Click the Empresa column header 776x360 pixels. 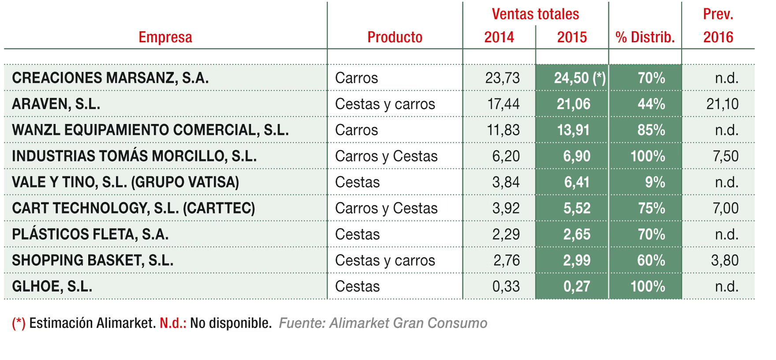tap(165, 37)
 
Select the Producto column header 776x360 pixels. tap(395, 37)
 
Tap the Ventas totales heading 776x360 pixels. tap(535, 14)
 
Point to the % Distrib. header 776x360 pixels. tap(645, 37)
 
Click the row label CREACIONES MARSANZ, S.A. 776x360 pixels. tap(110, 78)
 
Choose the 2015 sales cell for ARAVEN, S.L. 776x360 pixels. tap(573, 104)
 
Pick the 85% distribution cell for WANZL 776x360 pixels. tap(651, 130)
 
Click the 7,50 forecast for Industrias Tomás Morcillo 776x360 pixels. tap(725, 156)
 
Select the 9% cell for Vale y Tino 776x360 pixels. tap(655, 182)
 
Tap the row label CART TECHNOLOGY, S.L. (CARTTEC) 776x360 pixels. tap(134, 208)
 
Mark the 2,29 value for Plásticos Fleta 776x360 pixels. tap(506, 234)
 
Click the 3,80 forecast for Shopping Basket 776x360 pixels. tap(724, 260)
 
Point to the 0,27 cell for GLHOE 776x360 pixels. tap(576, 286)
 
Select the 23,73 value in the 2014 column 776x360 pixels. tap(502, 78)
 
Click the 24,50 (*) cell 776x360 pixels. tap(579, 78)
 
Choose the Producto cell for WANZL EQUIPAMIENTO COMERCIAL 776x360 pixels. tap(356, 130)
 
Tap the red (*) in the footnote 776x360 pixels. tap(19, 323)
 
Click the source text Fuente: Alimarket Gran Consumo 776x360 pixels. tap(383, 323)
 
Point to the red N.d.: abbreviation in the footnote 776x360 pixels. tap(173, 323)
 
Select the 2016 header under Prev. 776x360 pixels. tap(718, 37)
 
